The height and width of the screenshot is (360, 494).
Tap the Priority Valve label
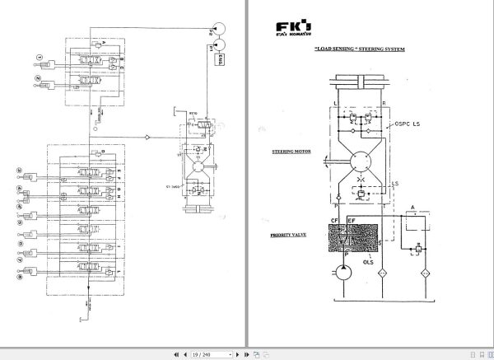click(287, 235)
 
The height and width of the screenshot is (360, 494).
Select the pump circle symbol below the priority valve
click(341, 273)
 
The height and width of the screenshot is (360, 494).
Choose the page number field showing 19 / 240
click(202, 354)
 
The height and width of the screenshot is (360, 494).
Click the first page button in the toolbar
click(175, 354)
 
